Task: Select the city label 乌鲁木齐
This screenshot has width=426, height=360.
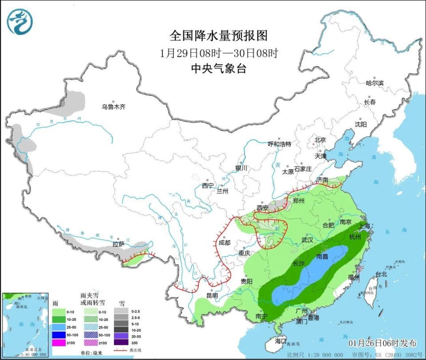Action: tap(114, 107)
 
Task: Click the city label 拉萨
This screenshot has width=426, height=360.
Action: tap(118, 244)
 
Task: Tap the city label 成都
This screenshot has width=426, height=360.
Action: tap(224, 243)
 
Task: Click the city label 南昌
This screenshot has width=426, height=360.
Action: tap(322, 256)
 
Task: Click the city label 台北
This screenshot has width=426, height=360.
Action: tap(381, 274)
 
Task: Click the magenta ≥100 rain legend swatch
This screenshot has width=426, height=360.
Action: tap(59, 342)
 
